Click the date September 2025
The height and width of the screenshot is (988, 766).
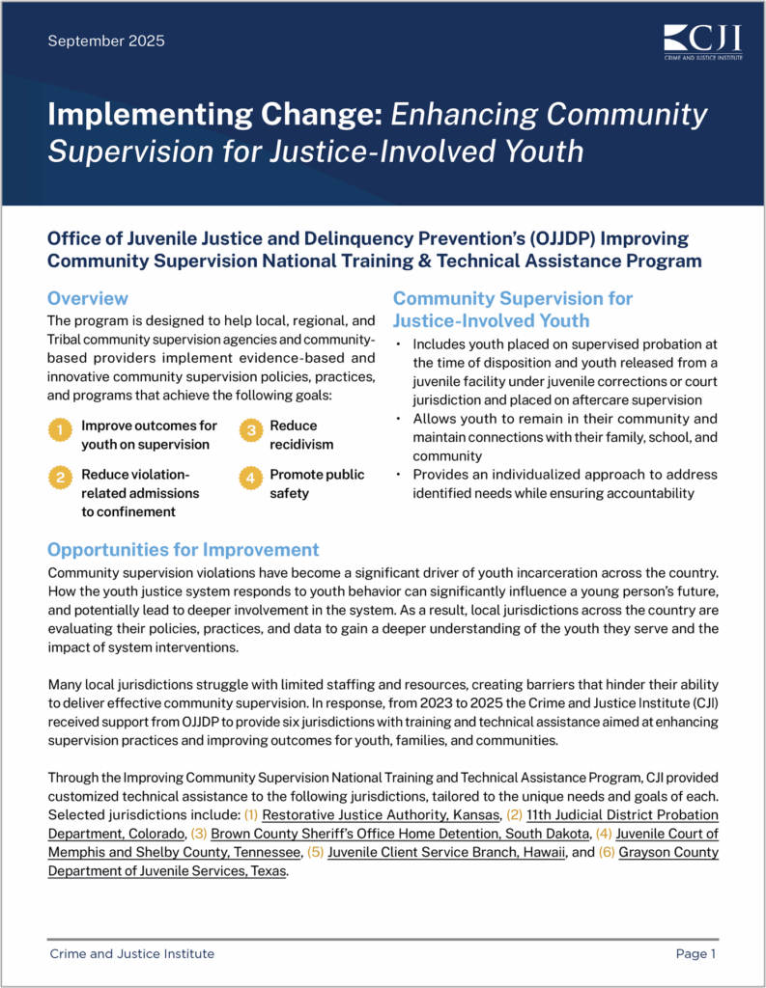click(106, 41)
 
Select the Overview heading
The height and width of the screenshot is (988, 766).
click(87, 298)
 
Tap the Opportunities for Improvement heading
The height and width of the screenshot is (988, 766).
click(183, 550)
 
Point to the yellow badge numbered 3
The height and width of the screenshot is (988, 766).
click(249, 430)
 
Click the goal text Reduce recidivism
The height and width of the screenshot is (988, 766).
click(294, 434)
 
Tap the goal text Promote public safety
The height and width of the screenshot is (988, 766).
click(317, 483)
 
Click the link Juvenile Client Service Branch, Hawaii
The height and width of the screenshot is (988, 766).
click(445, 852)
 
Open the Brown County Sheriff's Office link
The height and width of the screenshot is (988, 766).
click(400, 834)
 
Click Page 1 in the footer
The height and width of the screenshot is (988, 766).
click(695, 954)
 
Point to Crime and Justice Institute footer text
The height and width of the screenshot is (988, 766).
click(131, 954)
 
